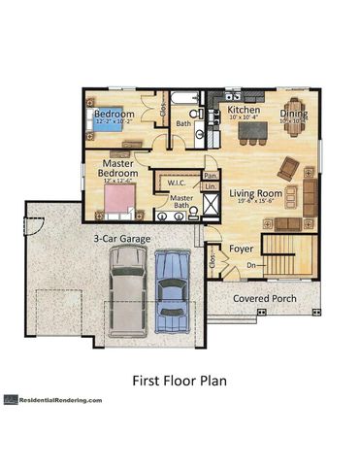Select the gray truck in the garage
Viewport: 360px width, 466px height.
(128, 287)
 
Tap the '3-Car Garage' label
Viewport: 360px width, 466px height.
(120, 236)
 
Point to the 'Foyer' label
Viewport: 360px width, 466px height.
(241, 250)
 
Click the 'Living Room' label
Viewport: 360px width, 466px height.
(255, 194)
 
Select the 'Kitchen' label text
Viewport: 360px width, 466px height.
(244, 111)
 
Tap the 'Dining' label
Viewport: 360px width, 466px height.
(294, 112)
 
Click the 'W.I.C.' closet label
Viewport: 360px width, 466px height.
(177, 182)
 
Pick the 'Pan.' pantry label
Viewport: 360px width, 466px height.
(211, 175)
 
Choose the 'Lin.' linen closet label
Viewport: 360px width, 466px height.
(211, 186)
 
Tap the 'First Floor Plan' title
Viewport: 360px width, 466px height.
(179, 381)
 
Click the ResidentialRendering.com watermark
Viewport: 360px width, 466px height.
(58, 399)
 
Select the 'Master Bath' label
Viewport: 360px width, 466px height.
(181, 202)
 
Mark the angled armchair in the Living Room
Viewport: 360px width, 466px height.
(287, 168)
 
